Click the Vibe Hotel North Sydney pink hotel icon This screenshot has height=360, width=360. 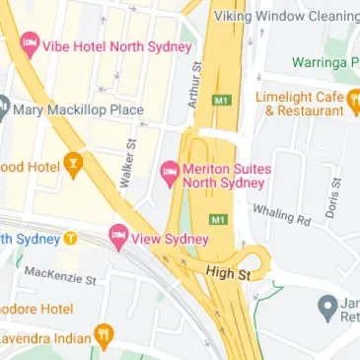pyautogui.click(x=30, y=45)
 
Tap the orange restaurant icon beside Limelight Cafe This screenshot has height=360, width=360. pyautogui.click(x=352, y=98)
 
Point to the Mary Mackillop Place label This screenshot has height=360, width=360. pyautogui.click(x=79, y=109)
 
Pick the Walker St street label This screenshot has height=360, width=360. pyautogui.click(x=127, y=164)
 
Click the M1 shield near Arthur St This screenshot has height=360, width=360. pyautogui.click(x=220, y=101)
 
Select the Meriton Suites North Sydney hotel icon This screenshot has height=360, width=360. pyautogui.click(x=170, y=172)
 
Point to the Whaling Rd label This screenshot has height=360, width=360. pyautogui.click(x=281, y=214)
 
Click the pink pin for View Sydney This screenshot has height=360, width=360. pyautogui.click(x=119, y=238)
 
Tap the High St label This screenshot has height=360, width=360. pyautogui.click(x=224, y=270)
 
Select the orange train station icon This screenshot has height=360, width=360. pyautogui.click(x=71, y=240)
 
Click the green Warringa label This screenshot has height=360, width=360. pyautogui.click(x=324, y=62)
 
